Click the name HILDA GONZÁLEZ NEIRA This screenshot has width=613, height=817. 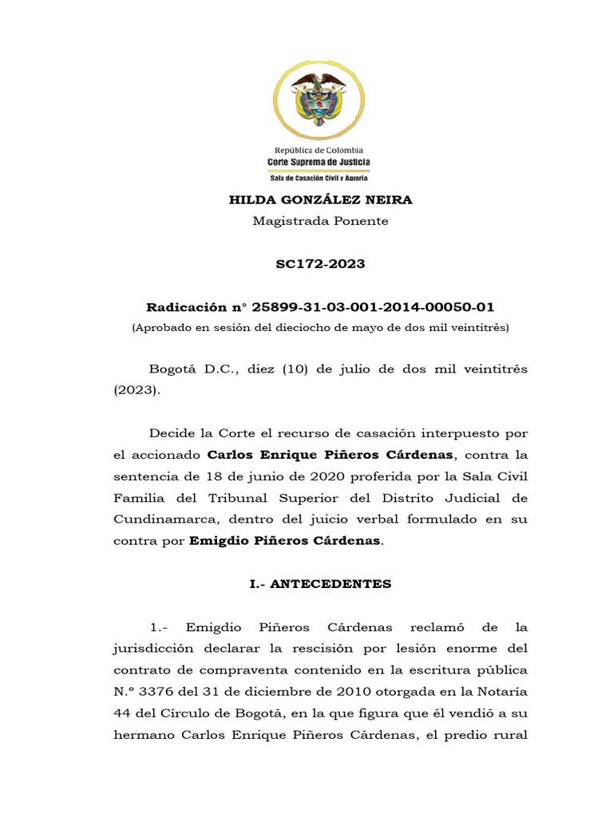[x=320, y=199]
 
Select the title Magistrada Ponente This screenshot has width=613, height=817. [x=320, y=221]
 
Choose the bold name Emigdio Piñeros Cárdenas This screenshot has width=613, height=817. [x=286, y=541]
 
